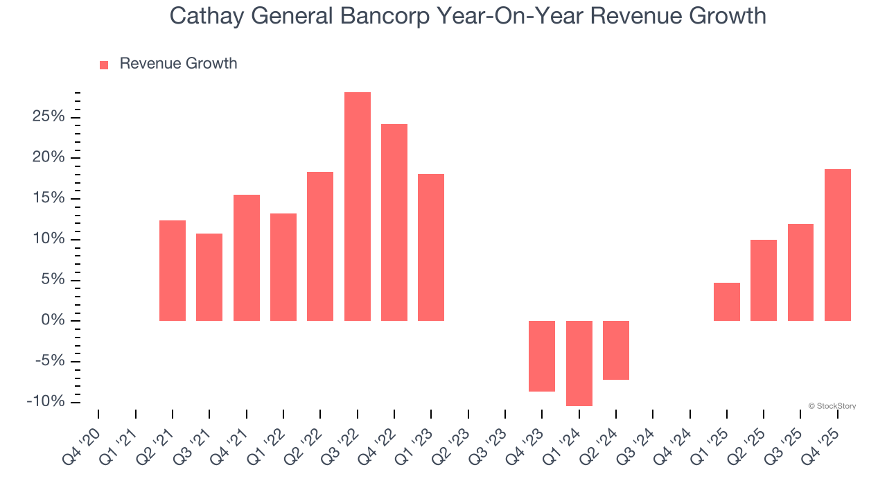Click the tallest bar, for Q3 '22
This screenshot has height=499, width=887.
pos(358,207)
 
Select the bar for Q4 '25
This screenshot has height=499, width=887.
pos(838,245)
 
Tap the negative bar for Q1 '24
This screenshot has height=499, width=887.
pos(579,363)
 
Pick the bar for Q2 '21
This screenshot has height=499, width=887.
pos(173,270)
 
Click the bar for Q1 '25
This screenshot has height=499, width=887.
pos(727,301)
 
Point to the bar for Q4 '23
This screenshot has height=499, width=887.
pos(542,356)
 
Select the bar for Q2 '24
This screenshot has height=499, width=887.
pos(616,350)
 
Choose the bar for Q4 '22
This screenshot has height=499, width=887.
pos(394,222)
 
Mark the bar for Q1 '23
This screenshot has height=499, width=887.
pos(431,247)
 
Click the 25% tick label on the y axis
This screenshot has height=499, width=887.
pos(49,116)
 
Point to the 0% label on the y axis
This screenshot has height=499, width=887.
pos(53,320)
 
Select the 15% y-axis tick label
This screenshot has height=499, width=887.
pos(49,198)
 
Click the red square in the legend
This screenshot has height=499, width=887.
pos(104,64)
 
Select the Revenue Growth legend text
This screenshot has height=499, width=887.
pos(178,64)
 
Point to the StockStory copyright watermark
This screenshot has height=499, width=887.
pos(832,406)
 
